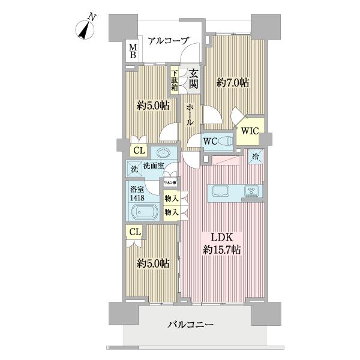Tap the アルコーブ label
[x=169, y=41]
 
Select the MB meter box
[x=133, y=51]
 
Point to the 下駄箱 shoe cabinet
[x=175, y=79]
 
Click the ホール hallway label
[x=190, y=114]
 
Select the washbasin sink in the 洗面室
[x=162, y=152]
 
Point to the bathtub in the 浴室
[x=144, y=212]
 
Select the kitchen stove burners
[x=251, y=192]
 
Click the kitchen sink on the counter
[x=220, y=192]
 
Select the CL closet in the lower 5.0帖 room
[x=134, y=231]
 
